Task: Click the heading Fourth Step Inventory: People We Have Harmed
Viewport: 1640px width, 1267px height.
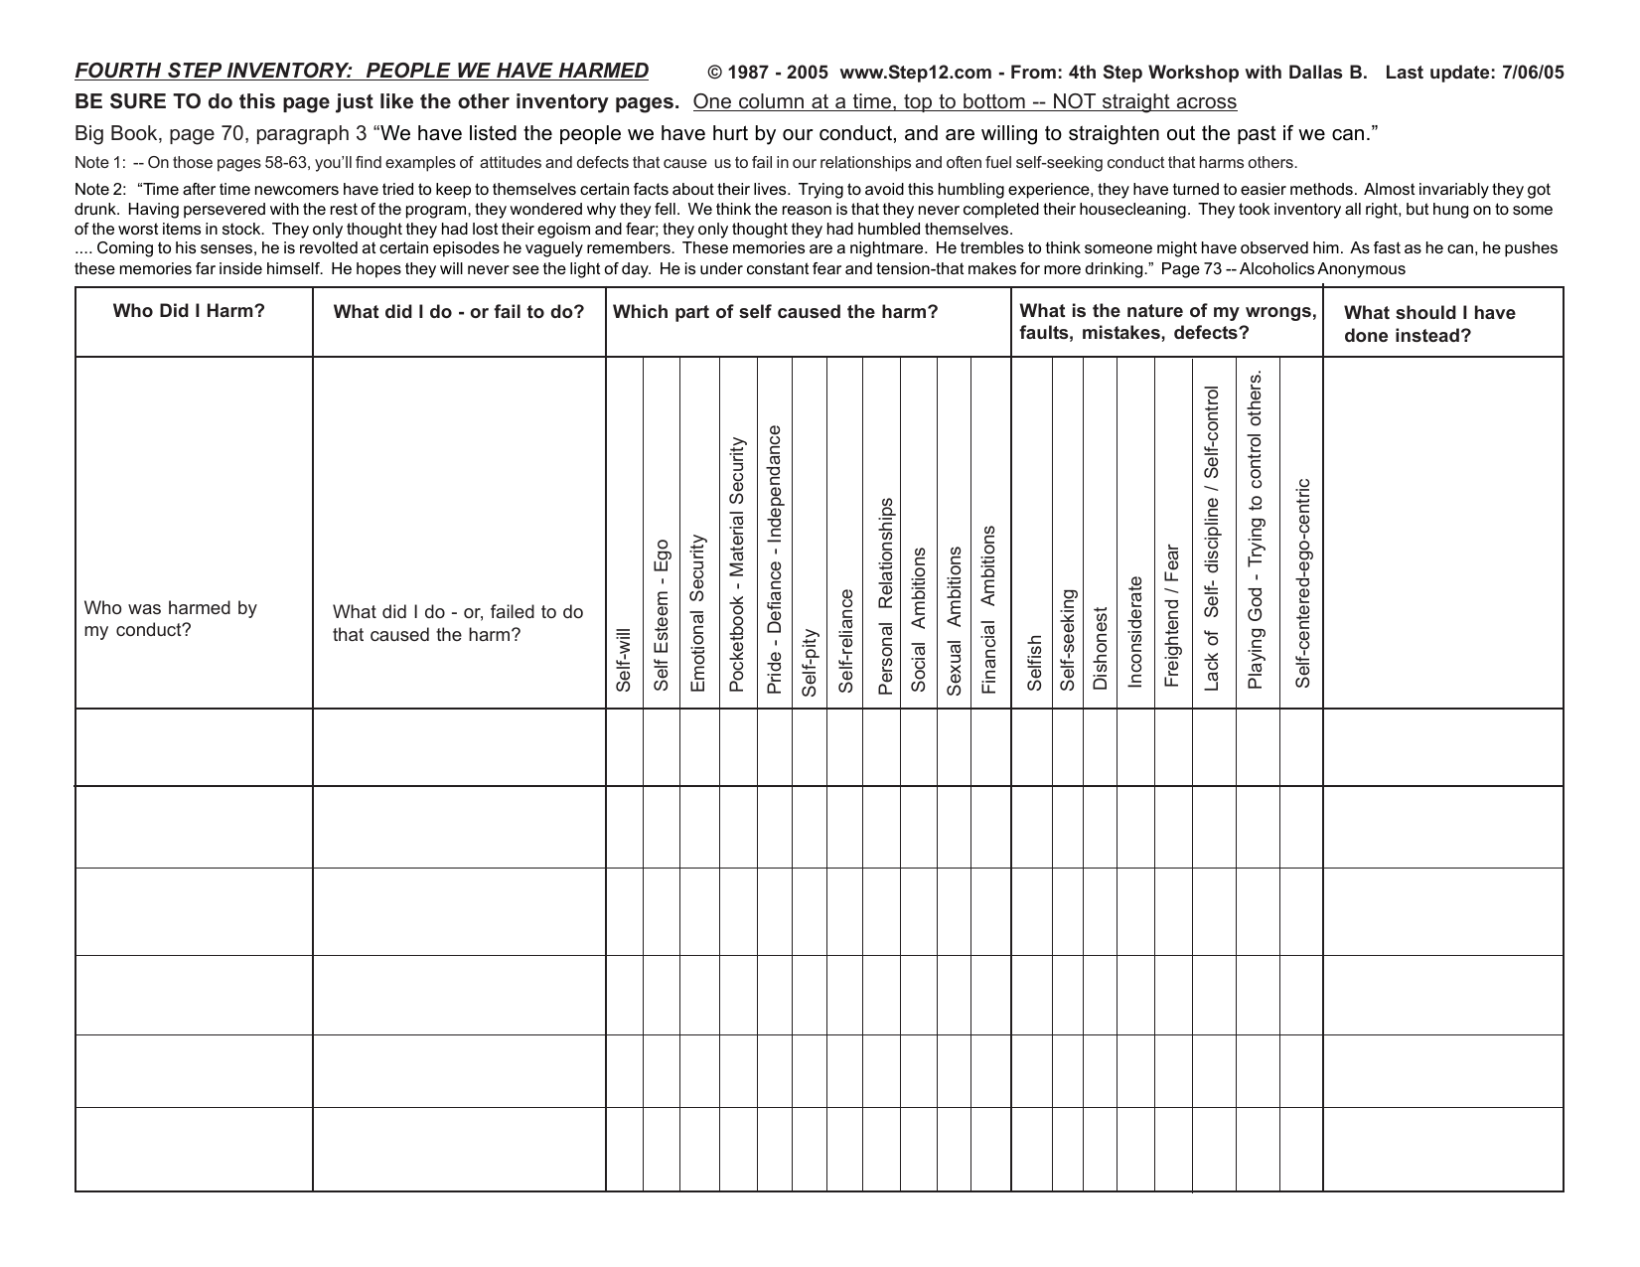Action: (362, 72)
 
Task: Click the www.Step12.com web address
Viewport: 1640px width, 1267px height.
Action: (915, 73)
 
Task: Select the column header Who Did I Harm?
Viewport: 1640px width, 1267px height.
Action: (189, 311)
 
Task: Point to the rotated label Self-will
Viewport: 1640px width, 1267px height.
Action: (624, 659)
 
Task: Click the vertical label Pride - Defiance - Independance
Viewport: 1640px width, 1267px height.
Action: (775, 559)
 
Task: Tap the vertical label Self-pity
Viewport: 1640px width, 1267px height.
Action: (810, 662)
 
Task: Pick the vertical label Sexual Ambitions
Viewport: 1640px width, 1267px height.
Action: (954, 620)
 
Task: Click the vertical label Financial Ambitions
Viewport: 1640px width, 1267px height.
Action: (988, 610)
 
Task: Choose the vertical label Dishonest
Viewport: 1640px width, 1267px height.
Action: (1100, 648)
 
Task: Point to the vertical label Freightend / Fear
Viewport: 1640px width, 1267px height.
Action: (1172, 615)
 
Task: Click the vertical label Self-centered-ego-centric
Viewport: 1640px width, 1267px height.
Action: (1303, 583)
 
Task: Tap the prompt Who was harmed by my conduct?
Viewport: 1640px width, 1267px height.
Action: (171, 619)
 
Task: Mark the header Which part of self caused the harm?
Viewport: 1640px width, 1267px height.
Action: (775, 312)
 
